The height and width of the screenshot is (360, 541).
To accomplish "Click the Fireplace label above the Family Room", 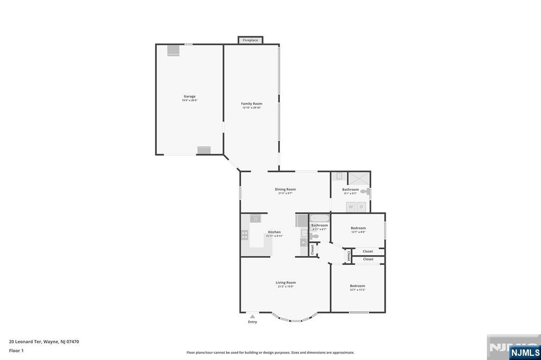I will coord(250,40).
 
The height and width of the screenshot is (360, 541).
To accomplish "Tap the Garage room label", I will coord(190,97).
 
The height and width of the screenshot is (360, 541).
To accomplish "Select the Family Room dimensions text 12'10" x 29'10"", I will coord(252,108).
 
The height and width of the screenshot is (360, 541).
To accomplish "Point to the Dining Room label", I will coord(285,189).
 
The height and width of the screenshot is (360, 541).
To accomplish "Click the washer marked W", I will coord(350,207).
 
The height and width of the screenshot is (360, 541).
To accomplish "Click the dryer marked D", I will coord(361,207).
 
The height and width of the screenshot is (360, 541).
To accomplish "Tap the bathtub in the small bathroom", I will coord(319,218).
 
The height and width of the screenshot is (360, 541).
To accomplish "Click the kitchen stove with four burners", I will coord(245,235).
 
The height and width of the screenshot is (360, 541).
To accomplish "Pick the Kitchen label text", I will coord(274,232).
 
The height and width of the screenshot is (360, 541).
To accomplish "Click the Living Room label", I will coord(285,282).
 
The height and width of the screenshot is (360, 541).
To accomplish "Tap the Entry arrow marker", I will coord(253,316).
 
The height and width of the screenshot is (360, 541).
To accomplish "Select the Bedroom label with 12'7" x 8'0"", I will coord(358,228).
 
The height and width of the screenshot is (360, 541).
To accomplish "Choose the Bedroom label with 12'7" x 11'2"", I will coord(357,286).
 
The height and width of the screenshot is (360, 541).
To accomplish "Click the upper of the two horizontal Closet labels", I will coord(368,251).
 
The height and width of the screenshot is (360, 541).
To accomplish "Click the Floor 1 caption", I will coord(16,350).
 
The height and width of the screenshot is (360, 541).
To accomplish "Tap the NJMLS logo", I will coord(525,352).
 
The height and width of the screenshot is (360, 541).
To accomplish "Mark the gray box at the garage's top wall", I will coord(173,50).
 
